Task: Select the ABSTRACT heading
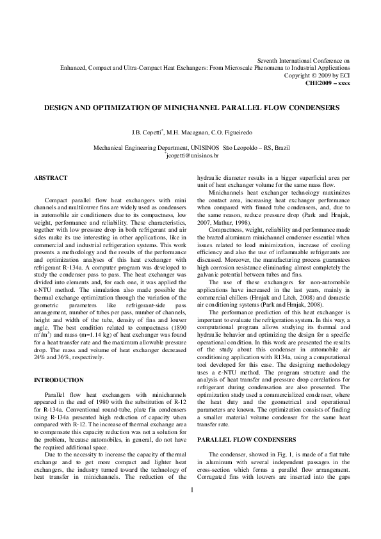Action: [50, 177]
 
